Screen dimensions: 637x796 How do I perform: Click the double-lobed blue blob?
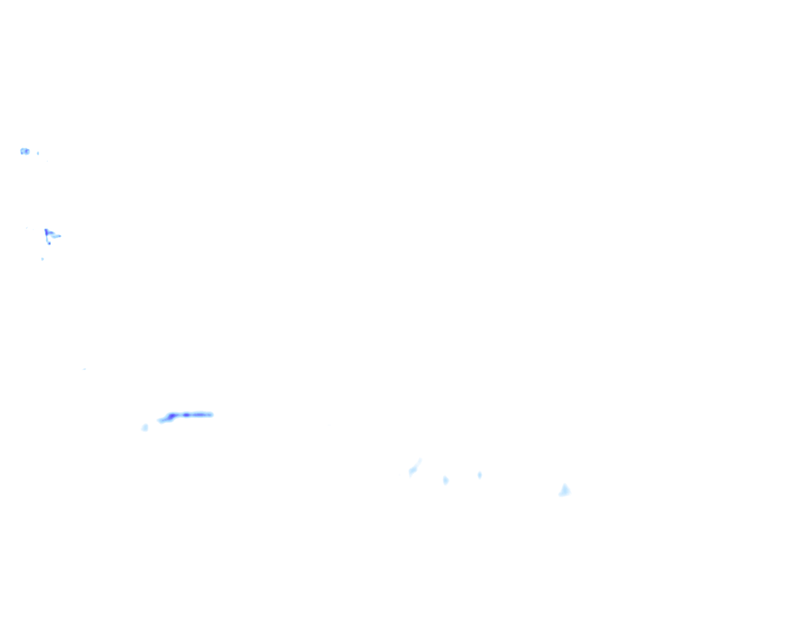(24, 151)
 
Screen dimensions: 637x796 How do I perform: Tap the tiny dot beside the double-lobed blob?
(38, 152)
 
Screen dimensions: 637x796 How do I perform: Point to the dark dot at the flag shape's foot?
(49, 243)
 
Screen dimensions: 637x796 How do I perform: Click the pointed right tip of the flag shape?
(60, 236)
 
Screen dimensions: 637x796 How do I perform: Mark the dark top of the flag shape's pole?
(46, 230)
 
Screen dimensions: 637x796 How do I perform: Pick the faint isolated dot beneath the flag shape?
(42, 259)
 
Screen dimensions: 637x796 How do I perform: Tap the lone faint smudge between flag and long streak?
(84, 369)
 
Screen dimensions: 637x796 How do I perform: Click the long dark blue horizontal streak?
(190, 414)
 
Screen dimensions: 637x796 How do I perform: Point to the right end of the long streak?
(212, 414)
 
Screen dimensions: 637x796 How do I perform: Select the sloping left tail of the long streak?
(162, 421)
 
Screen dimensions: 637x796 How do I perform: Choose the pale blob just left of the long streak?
(145, 427)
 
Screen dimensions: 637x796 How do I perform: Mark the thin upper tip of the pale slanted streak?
(420, 460)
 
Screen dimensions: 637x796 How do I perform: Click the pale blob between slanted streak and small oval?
(445, 480)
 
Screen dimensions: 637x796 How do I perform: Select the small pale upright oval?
(479, 475)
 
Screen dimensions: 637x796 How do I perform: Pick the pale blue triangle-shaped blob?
(565, 491)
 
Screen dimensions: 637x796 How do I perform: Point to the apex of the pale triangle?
(565, 484)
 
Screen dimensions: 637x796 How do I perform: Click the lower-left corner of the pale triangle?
(560, 495)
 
